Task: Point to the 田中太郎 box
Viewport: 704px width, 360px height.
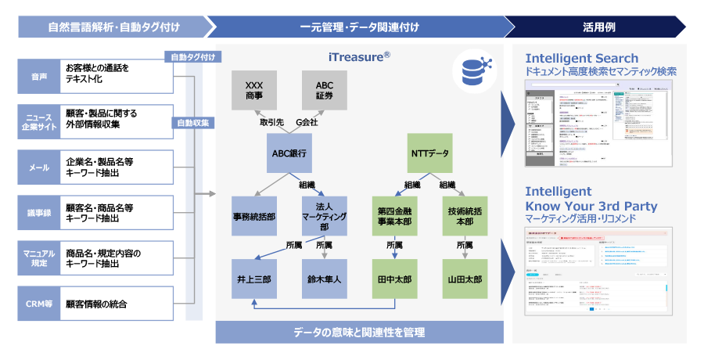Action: pyautogui.click(x=394, y=279)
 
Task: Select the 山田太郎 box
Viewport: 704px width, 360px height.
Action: pyautogui.click(x=465, y=279)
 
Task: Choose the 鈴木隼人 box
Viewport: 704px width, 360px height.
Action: pyautogui.click(x=325, y=279)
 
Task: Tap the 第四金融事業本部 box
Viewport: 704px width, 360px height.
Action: pyautogui.click(x=394, y=215)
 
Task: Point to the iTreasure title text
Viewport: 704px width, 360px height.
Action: pyautogui.click(x=359, y=57)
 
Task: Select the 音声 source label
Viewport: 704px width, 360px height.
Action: pyautogui.click(x=39, y=77)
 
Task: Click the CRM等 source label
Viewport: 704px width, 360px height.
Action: pyautogui.click(x=39, y=303)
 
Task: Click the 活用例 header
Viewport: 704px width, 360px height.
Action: pyautogui.click(x=599, y=27)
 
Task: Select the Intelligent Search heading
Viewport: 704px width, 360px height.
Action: pyautogui.click(x=582, y=58)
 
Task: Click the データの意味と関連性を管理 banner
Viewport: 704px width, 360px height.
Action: pyautogui.click(x=359, y=333)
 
